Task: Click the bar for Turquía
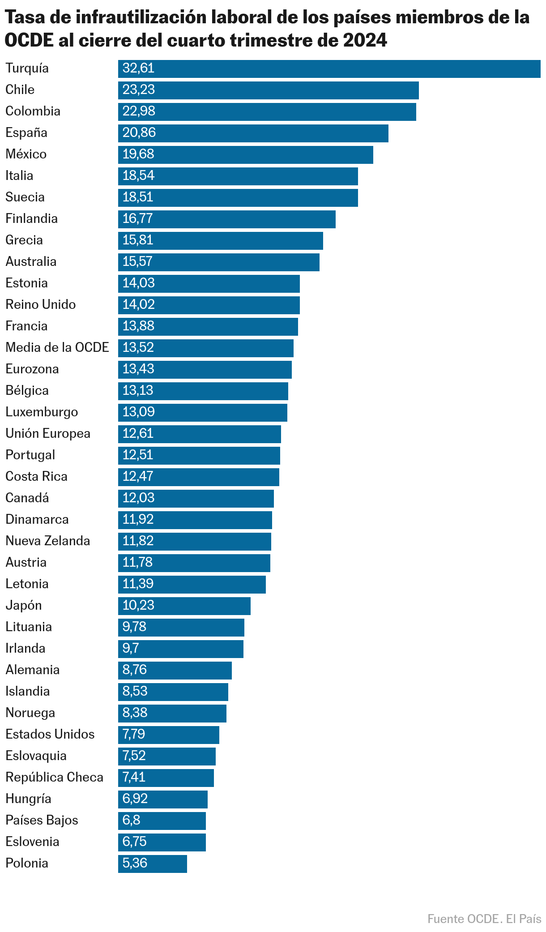[329, 68]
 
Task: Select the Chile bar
[269, 90]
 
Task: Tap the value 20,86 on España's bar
[139, 133]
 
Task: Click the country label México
[26, 154]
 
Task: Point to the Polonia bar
[153, 864]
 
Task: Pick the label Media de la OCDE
[57, 348]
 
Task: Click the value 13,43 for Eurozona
[138, 369]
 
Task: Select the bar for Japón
[184, 606]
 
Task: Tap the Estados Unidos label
[50, 735]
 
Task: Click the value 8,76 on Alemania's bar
[135, 670]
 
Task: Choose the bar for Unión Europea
[200, 434]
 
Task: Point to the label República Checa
[54, 778]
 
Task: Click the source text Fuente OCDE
[463, 919]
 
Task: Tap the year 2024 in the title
[365, 41]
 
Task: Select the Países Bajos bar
[162, 821]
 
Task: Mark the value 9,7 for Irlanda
[131, 649]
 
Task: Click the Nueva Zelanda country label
[47, 541]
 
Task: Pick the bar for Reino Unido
[209, 305]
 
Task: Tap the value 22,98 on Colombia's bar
[139, 111]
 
